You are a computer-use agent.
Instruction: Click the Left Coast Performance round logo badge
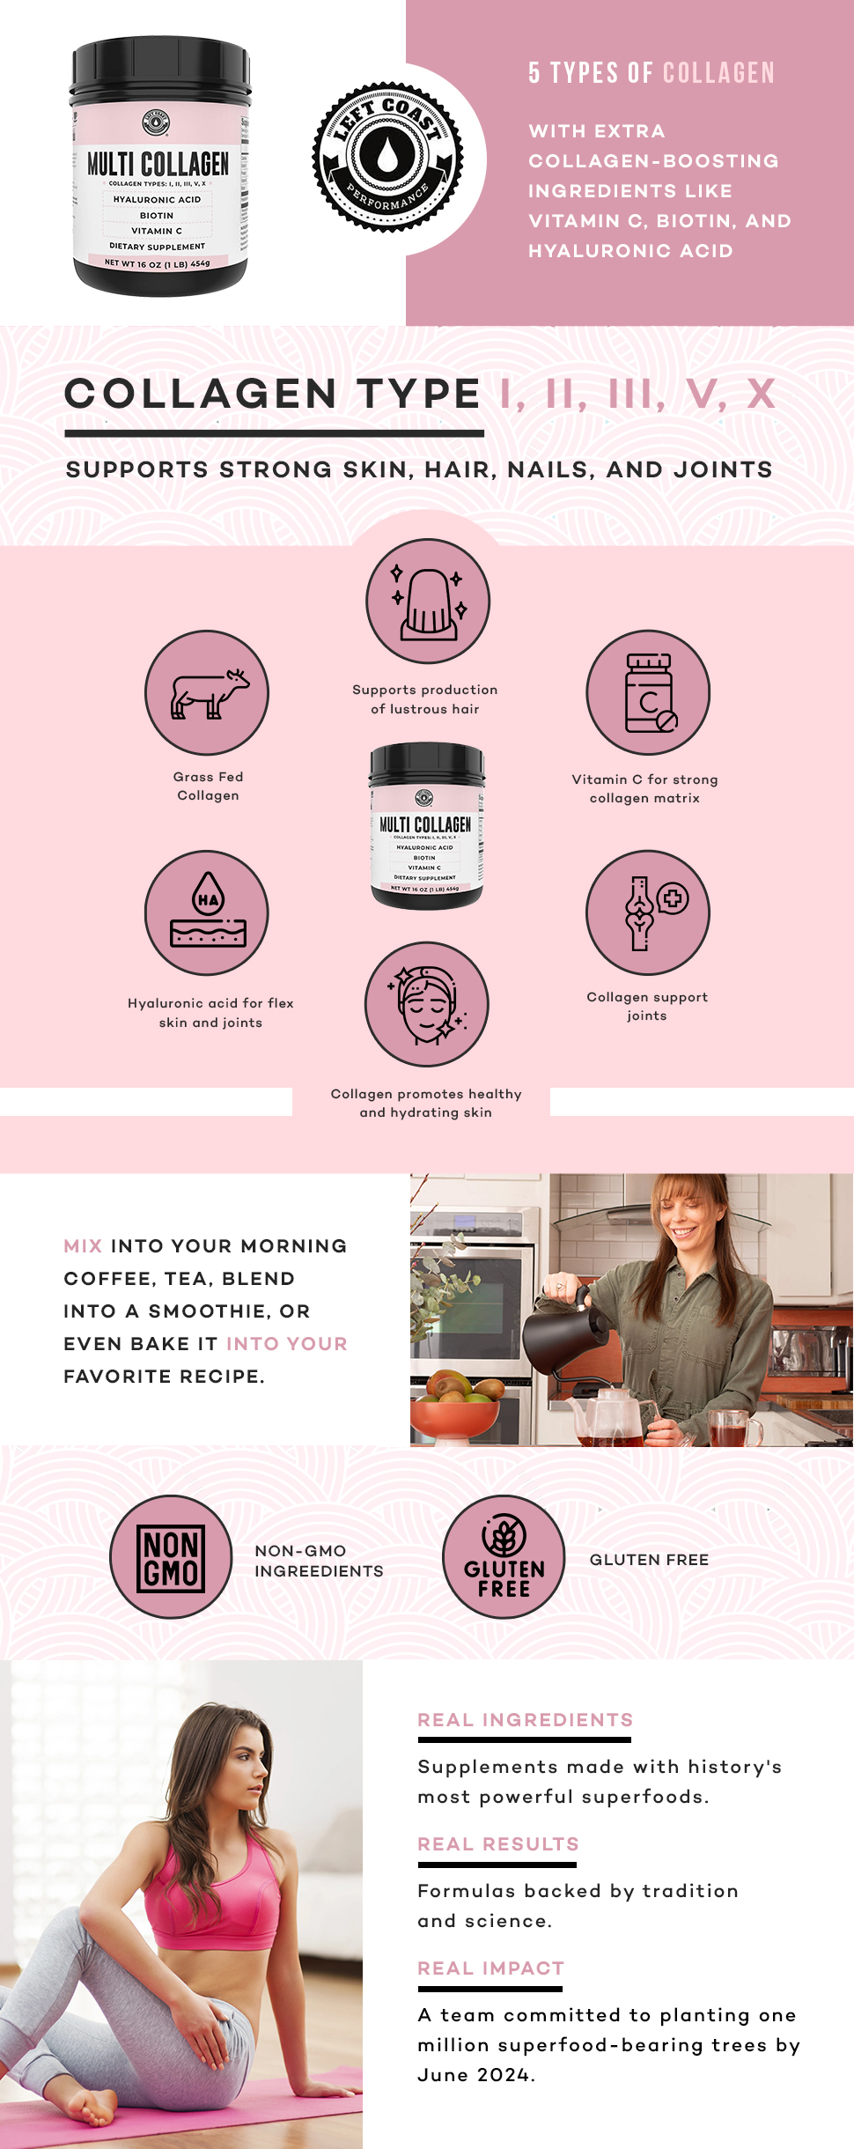pyautogui.click(x=387, y=158)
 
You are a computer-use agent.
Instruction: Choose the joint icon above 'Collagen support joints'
pyautogui.click(x=648, y=912)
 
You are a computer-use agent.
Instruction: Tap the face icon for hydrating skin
pyautogui.click(x=427, y=1004)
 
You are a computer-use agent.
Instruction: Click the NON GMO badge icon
pyautogui.click(x=171, y=1557)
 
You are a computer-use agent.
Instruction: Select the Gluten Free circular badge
pyautogui.click(x=504, y=1557)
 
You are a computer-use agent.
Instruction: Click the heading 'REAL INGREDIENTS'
pyautogui.click(x=526, y=1720)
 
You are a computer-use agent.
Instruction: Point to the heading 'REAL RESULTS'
pyautogui.click(x=498, y=1844)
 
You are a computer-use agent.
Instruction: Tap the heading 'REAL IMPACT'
pyautogui.click(x=490, y=1968)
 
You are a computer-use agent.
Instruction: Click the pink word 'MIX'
pyautogui.click(x=83, y=1246)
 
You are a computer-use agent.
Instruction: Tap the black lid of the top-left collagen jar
pyautogui.click(x=160, y=75)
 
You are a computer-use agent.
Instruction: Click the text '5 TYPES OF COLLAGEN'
pyautogui.click(x=652, y=73)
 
